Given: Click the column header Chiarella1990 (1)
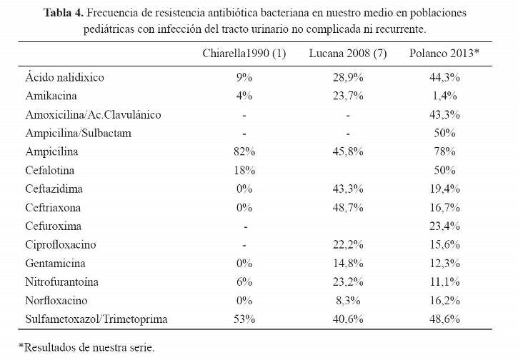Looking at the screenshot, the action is coord(244,53).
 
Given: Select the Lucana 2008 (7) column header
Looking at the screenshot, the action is coord(348,53).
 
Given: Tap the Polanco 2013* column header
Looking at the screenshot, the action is coord(444,53).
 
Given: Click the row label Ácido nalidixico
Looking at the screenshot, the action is coord(65,76).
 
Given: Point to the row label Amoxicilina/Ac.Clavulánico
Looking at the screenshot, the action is coord(93,114).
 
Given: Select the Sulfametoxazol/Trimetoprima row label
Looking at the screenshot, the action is coord(96,319).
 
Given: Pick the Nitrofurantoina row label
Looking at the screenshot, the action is coord(61,281).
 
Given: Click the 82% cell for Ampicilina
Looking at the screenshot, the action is coord(244,151).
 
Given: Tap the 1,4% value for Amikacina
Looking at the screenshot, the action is coord(444,96).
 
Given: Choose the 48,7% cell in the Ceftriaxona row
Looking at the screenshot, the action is coord(348,207).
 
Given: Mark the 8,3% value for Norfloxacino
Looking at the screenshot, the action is coord(348,301).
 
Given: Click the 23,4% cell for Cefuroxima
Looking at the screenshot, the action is coord(444,226).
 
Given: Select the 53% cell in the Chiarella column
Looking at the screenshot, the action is coord(244,319).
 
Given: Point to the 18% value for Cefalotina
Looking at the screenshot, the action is coord(244,171).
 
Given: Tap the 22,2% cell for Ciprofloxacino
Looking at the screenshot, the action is coord(348,245).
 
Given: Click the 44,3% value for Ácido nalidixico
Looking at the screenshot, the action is coord(444,77).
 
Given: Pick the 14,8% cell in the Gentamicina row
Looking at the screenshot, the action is coord(348,264).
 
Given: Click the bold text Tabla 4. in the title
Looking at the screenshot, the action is coord(64,13).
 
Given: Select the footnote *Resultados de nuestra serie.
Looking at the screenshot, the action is coord(86,347).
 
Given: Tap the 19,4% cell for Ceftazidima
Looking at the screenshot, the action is coord(444,189).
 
